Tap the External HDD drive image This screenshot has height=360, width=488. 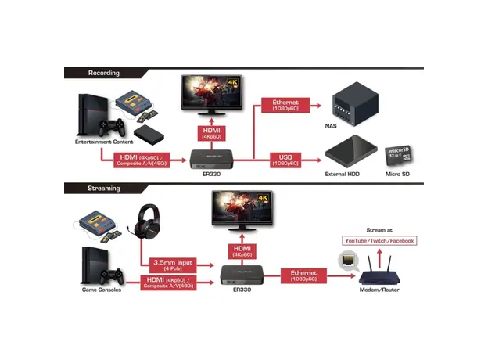[x=351, y=149]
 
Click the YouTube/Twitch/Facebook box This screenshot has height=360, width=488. [x=379, y=241]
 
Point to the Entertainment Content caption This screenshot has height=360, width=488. [x=106, y=142]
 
